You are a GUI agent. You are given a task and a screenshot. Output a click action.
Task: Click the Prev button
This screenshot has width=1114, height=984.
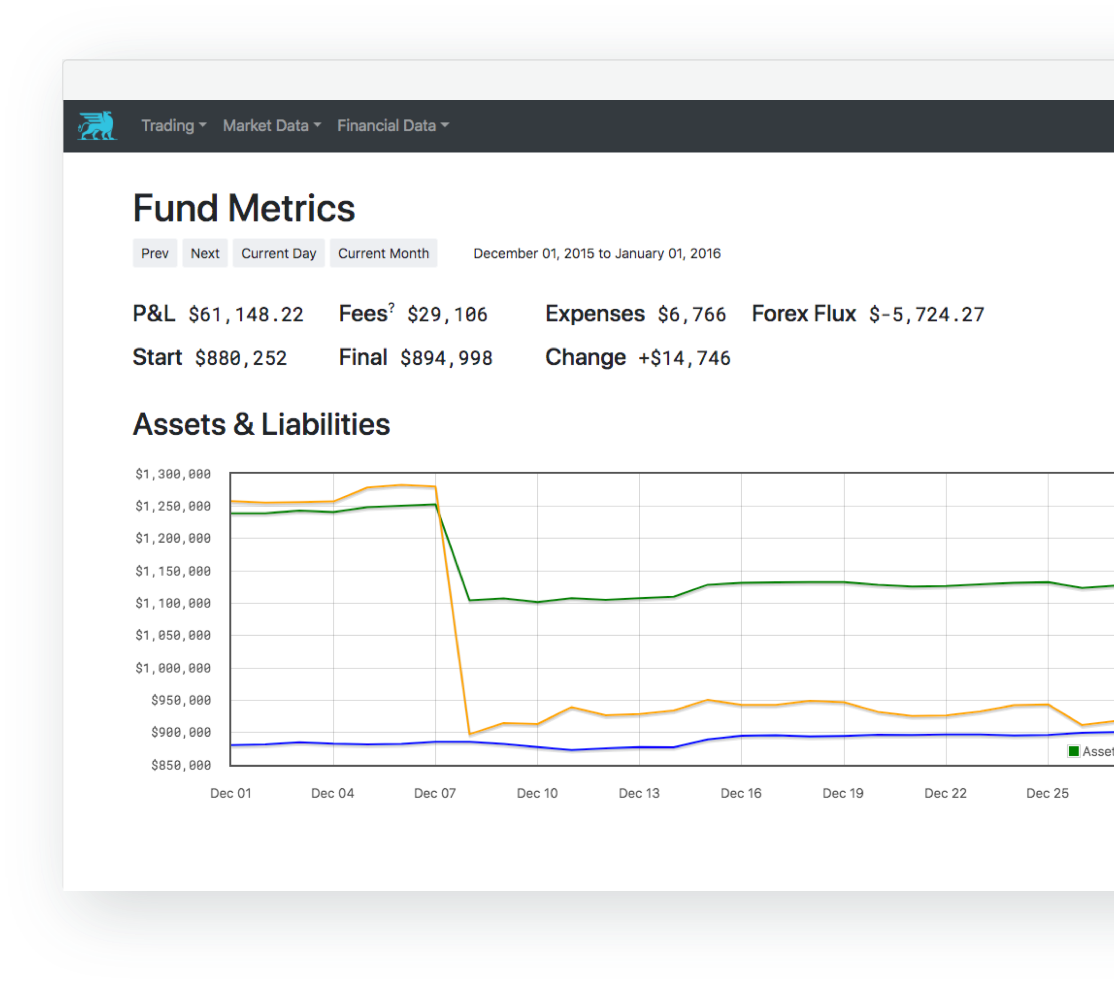click(x=155, y=253)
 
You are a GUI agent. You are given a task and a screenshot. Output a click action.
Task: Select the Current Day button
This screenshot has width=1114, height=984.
click(x=278, y=253)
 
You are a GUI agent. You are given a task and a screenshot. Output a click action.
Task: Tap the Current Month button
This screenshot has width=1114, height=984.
click(x=383, y=253)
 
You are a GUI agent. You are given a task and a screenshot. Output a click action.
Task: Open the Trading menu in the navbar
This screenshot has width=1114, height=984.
click(x=173, y=126)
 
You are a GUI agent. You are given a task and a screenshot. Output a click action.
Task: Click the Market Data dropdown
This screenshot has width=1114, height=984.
click(x=271, y=126)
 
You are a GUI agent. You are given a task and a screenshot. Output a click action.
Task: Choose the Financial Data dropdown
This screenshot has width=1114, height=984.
click(x=392, y=126)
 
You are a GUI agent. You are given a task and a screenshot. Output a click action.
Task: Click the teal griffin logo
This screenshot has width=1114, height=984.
click(x=97, y=126)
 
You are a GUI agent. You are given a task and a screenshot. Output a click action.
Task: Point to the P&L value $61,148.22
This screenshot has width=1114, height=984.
click(x=246, y=315)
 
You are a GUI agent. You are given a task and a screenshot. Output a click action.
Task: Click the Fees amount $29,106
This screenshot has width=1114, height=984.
click(x=447, y=315)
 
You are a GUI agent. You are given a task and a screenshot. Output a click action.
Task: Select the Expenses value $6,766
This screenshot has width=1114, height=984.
click(x=691, y=315)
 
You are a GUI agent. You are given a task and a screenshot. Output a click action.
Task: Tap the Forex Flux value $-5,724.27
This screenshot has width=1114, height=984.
click(x=926, y=315)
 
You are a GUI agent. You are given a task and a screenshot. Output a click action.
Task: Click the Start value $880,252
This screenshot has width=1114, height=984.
click(x=240, y=359)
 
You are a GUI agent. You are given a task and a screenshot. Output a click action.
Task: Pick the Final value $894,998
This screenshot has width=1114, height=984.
click(x=446, y=359)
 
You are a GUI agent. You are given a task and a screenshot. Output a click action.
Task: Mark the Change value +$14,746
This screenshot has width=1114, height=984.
click(x=684, y=359)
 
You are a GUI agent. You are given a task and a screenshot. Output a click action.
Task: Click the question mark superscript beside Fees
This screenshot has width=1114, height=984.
click(x=392, y=308)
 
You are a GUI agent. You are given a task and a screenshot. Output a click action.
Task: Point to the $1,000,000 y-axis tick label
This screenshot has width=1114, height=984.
click(x=173, y=668)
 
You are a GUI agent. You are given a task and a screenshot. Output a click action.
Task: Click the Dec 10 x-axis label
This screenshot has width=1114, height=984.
click(x=537, y=793)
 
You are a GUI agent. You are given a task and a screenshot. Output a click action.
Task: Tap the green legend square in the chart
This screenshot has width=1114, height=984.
click(x=1074, y=751)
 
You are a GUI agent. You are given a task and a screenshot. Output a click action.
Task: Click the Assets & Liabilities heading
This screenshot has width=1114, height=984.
click(x=262, y=424)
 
